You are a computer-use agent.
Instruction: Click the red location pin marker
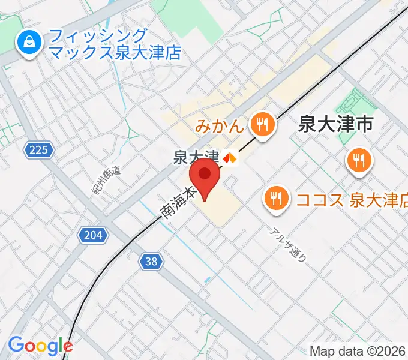(x=205, y=178)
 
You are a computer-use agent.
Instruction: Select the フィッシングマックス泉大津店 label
(x=115, y=44)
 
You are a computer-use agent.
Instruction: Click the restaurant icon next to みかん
(x=262, y=125)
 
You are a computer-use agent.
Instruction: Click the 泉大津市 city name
(x=336, y=124)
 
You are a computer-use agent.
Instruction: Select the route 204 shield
(x=93, y=235)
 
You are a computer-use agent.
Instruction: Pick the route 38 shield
(x=152, y=260)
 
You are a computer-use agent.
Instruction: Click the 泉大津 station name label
(x=196, y=157)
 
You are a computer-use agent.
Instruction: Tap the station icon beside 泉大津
(x=229, y=158)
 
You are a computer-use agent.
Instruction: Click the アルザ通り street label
(x=289, y=245)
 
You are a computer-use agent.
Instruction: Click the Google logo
(x=40, y=346)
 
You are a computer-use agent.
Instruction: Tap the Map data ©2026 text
(x=357, y=351)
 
